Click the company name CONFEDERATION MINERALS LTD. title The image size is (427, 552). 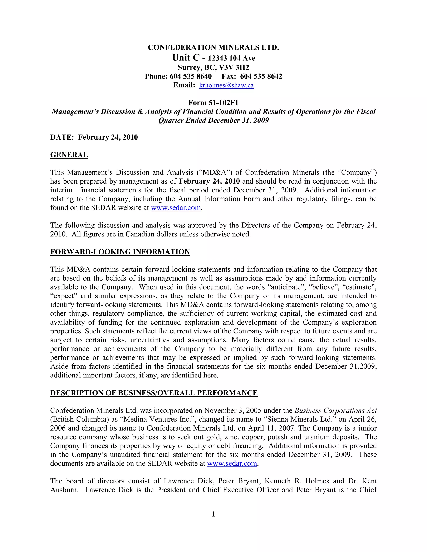(213, 47)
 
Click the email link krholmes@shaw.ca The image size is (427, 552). (226, 85)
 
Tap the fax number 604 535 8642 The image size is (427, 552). (261, 76)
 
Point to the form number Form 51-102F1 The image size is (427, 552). (213, 103)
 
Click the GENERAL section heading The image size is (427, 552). (69, 155)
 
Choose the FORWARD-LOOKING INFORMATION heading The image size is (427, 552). (120, 252)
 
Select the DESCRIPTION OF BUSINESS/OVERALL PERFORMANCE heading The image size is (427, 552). (154, 393)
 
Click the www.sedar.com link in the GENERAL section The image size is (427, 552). (176, 208)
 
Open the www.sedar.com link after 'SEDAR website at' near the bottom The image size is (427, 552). (232, 463)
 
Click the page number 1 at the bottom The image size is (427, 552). (213, 514)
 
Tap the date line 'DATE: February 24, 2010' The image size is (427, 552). (94, 137)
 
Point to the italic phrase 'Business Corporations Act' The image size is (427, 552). (335, 411)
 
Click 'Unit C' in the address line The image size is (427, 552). (186, 58)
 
